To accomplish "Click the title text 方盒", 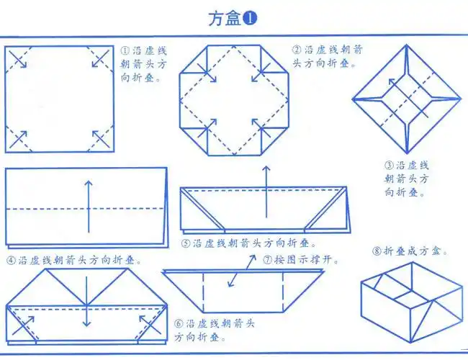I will [x=224, y=18].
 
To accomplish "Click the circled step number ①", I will [x=125, y=51].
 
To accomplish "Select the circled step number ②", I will [x=296, y=50].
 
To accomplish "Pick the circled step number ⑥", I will [x=179, y=323].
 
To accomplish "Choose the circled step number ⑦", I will [x=266, y=259].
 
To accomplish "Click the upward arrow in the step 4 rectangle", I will [x=89, y=205].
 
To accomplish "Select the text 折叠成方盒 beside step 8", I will [x=416, y=251].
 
